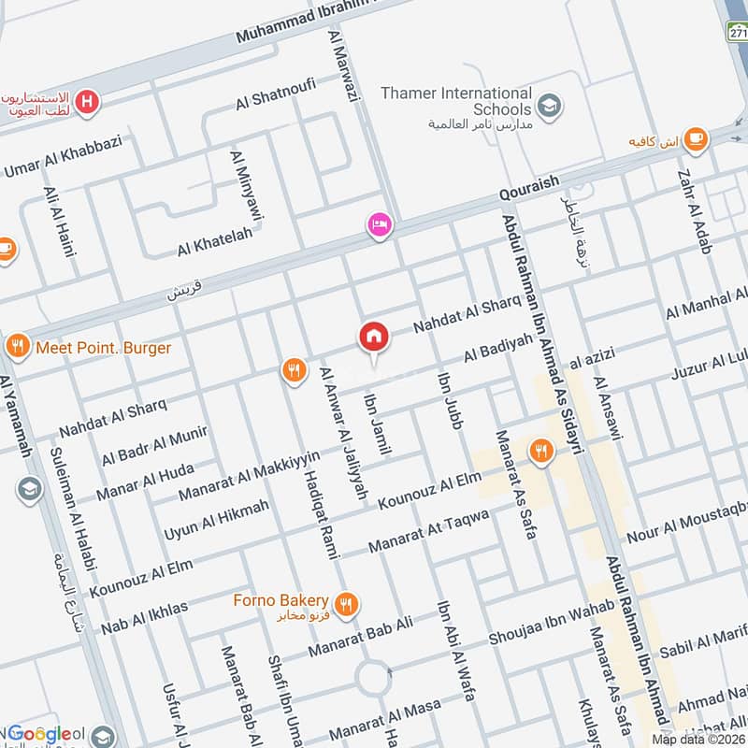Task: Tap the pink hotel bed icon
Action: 379,225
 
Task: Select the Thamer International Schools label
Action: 456,101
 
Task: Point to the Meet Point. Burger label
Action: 103,348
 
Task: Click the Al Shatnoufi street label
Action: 276,93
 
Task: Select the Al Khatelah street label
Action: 215,243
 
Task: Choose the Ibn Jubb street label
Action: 450,401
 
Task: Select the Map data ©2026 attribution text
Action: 698,739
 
